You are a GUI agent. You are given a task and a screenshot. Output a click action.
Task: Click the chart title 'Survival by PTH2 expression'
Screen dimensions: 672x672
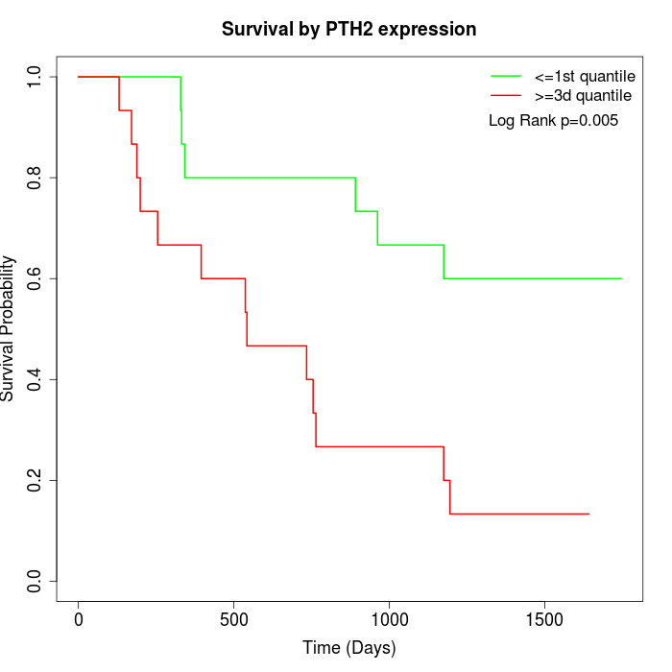point(348,30)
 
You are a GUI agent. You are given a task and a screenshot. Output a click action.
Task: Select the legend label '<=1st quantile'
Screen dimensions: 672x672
point(585,76)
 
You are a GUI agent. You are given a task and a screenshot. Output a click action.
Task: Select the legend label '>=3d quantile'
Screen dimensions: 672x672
point(583,96)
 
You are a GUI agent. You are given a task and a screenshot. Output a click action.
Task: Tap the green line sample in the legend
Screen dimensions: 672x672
point(506,76)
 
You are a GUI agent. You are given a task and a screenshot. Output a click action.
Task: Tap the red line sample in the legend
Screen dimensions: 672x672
point(506,96)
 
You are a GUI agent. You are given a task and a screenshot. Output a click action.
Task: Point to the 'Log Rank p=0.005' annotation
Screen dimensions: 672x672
point(553,121)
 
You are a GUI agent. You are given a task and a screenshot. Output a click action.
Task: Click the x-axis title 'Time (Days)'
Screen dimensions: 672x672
point(348,648)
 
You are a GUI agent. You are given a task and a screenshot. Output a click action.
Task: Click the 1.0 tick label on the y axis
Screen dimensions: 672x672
point(36,77)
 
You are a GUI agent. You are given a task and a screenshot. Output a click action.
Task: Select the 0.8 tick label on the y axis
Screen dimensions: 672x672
point(36,178)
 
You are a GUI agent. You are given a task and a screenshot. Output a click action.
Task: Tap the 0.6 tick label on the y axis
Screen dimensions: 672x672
point(36,278)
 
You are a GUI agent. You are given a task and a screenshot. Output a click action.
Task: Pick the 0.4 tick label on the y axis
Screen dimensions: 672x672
point(36,379)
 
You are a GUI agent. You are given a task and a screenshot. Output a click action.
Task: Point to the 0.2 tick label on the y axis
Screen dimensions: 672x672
point(36,480)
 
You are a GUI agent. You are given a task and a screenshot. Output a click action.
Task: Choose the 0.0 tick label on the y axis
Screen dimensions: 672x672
point(36,581)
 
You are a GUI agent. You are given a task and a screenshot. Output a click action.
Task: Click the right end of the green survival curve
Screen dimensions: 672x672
point(621,278)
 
